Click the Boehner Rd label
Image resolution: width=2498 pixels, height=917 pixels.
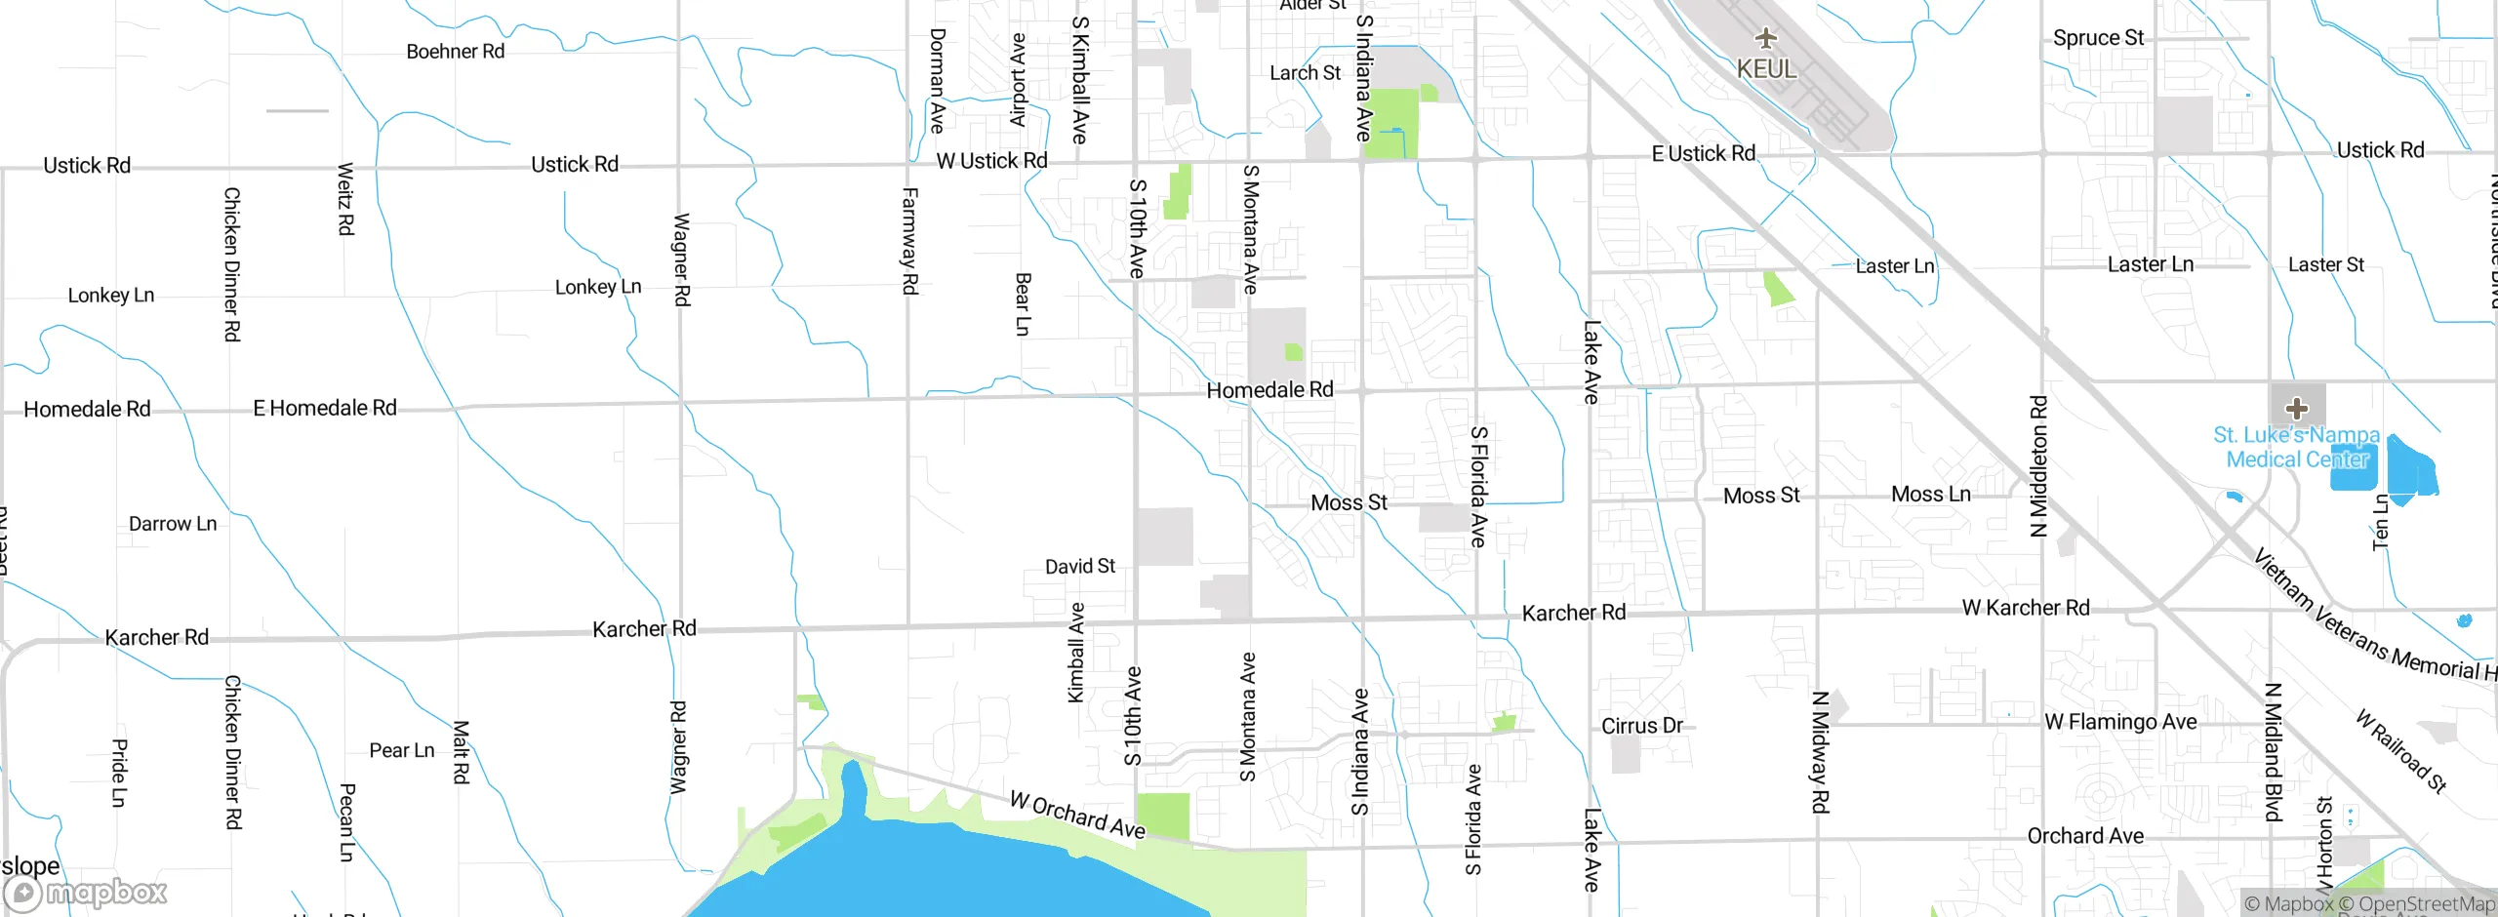tap(456, 52)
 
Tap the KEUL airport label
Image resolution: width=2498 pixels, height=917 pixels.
tap(1766, 69)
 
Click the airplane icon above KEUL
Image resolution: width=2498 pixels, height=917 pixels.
tap(1765, 39)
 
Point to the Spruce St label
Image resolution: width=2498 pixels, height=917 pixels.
tap(2098, 38)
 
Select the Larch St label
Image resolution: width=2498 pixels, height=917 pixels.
tap(1305, 73)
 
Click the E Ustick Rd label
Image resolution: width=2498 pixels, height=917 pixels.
tap(1703, 154)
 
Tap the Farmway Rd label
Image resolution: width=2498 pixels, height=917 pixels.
tap(909, 241)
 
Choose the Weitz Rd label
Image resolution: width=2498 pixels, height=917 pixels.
tap(345, 199)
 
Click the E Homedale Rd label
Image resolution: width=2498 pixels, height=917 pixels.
tap(325, 408)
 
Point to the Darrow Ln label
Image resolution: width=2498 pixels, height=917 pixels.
tap(173, 524)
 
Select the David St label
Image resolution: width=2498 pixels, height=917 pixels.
tap(1079, 567)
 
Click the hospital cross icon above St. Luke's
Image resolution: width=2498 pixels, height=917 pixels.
tap(2297, 408)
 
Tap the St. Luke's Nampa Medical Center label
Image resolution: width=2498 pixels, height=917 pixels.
tap(2297, 448)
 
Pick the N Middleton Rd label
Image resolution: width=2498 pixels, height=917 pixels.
tap(2038, 465)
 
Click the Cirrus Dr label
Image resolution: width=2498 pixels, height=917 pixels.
tap(1641, 726)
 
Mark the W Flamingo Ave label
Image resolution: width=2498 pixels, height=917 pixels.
tap(2120, 722)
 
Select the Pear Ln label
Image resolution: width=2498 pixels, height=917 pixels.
tap(401, 750)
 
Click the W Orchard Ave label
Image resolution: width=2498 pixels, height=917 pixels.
tap(1076, 815)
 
